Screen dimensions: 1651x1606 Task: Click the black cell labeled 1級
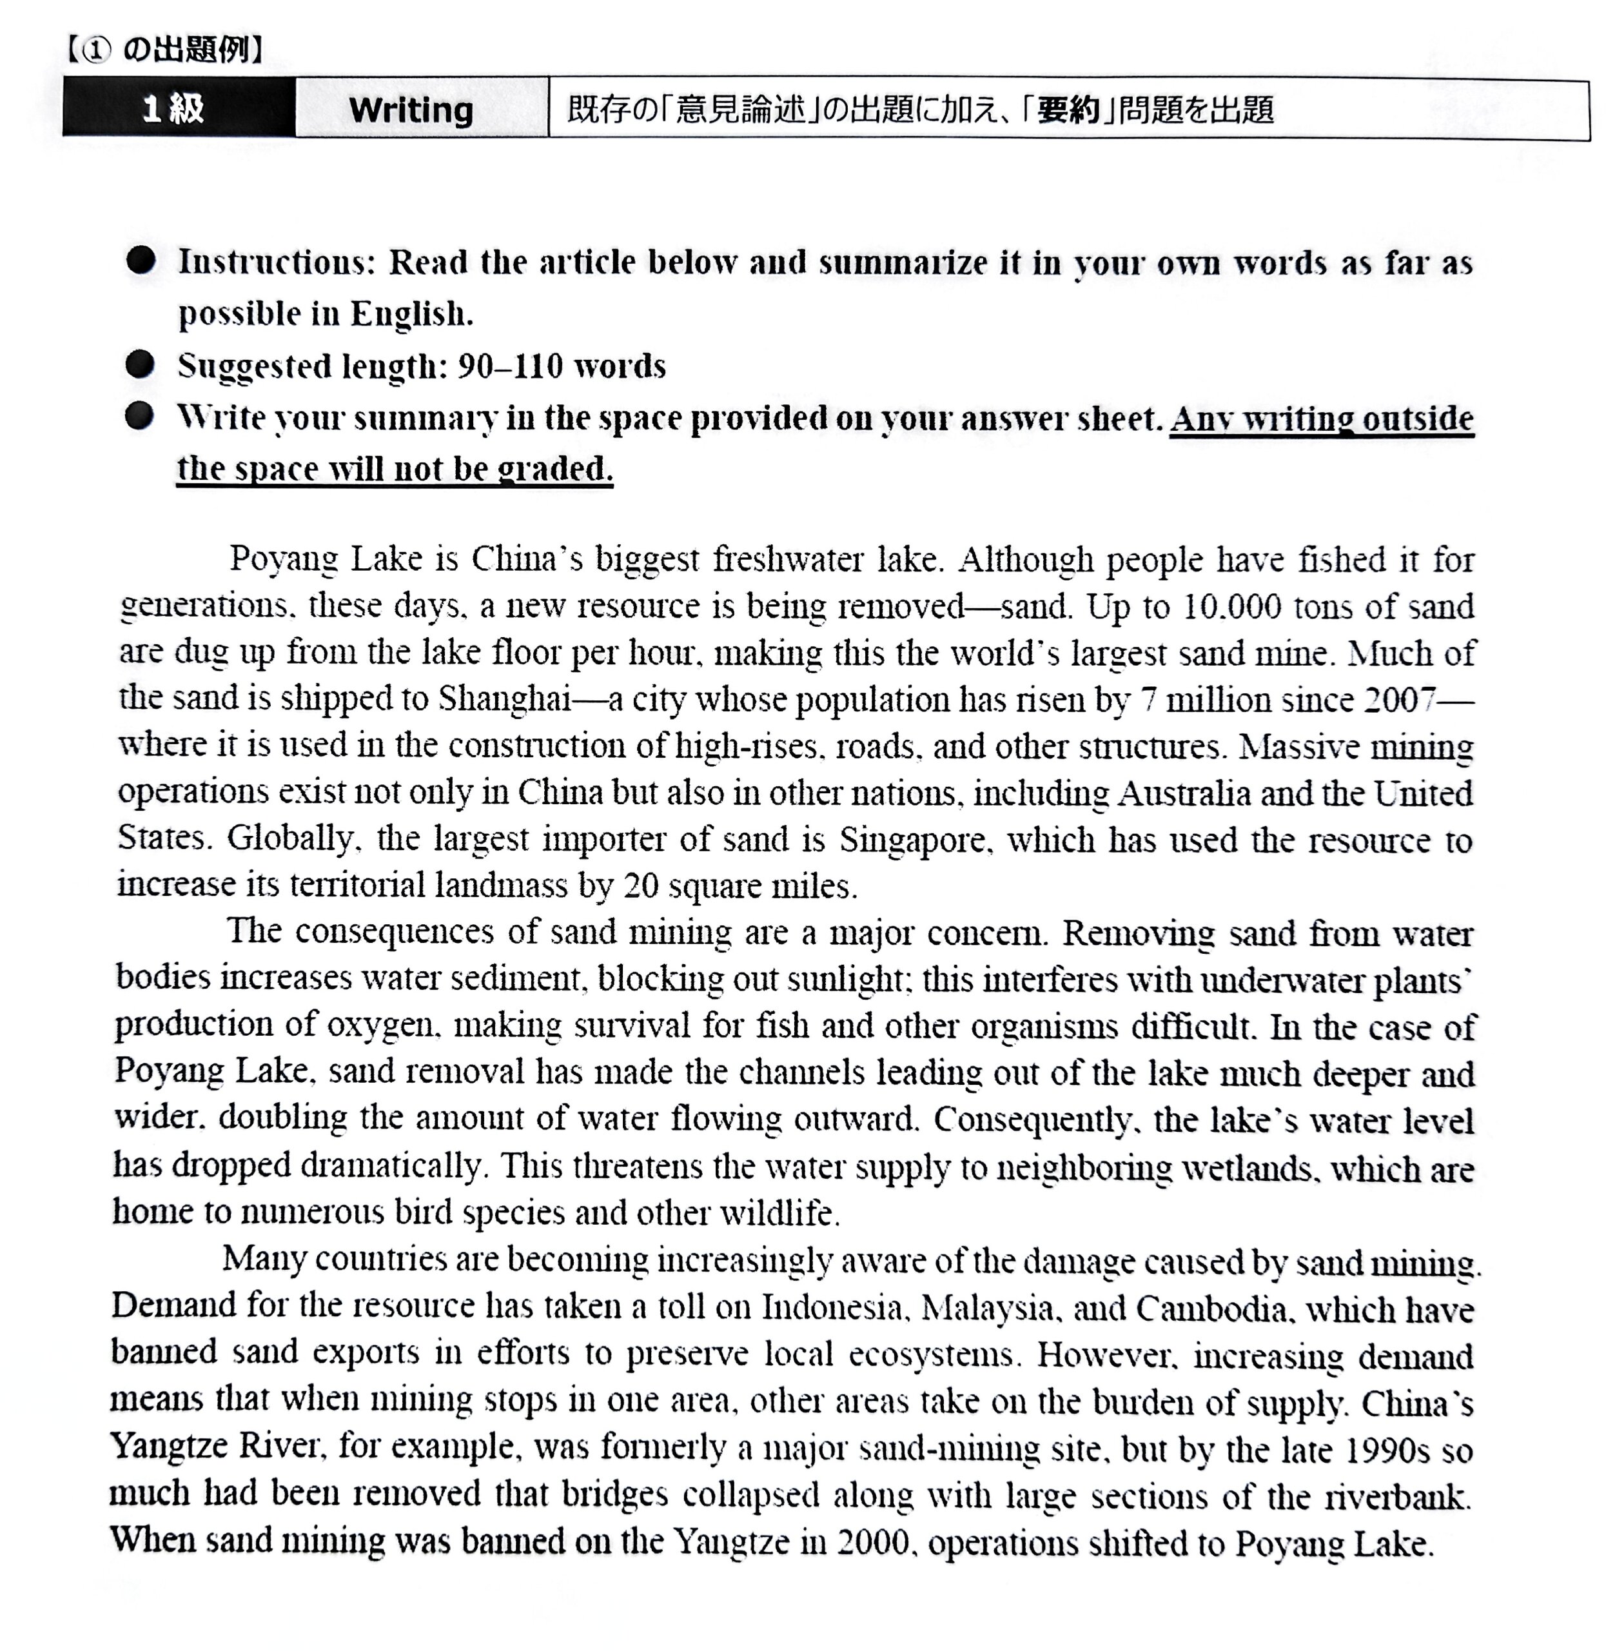[x=175, y=108]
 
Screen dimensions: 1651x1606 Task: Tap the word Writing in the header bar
[x=411, y=110]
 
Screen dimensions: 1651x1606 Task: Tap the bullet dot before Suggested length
[x=140, y=364]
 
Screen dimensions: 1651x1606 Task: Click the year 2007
[x=1399, y=699]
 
